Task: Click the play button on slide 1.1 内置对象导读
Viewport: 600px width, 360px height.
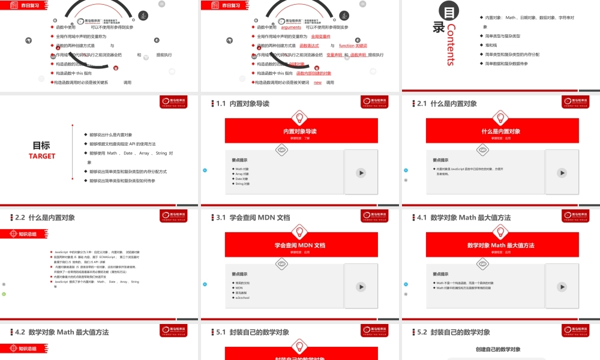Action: point(361,173)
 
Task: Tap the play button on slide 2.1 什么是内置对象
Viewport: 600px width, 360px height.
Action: point(562,173)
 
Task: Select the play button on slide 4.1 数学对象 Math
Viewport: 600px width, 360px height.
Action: point(562,287)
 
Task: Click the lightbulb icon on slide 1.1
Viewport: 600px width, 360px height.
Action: point(301,117)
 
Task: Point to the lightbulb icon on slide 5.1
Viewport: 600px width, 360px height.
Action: point(301,346)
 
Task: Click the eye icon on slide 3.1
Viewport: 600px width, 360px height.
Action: point(280,263)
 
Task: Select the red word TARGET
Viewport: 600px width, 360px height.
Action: point(42,156)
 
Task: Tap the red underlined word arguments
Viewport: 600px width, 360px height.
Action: point(291,28)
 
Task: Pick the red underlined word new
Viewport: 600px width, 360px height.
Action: point(317,82)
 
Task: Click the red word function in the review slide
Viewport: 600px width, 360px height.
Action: point(347,46)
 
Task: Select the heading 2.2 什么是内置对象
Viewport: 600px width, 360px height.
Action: point(45,218)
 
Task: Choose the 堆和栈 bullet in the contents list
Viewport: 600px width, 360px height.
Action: point(493,45)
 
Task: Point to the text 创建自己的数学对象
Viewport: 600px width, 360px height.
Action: point(498,349)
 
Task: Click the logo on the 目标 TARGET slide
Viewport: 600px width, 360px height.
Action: point(177,102)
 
